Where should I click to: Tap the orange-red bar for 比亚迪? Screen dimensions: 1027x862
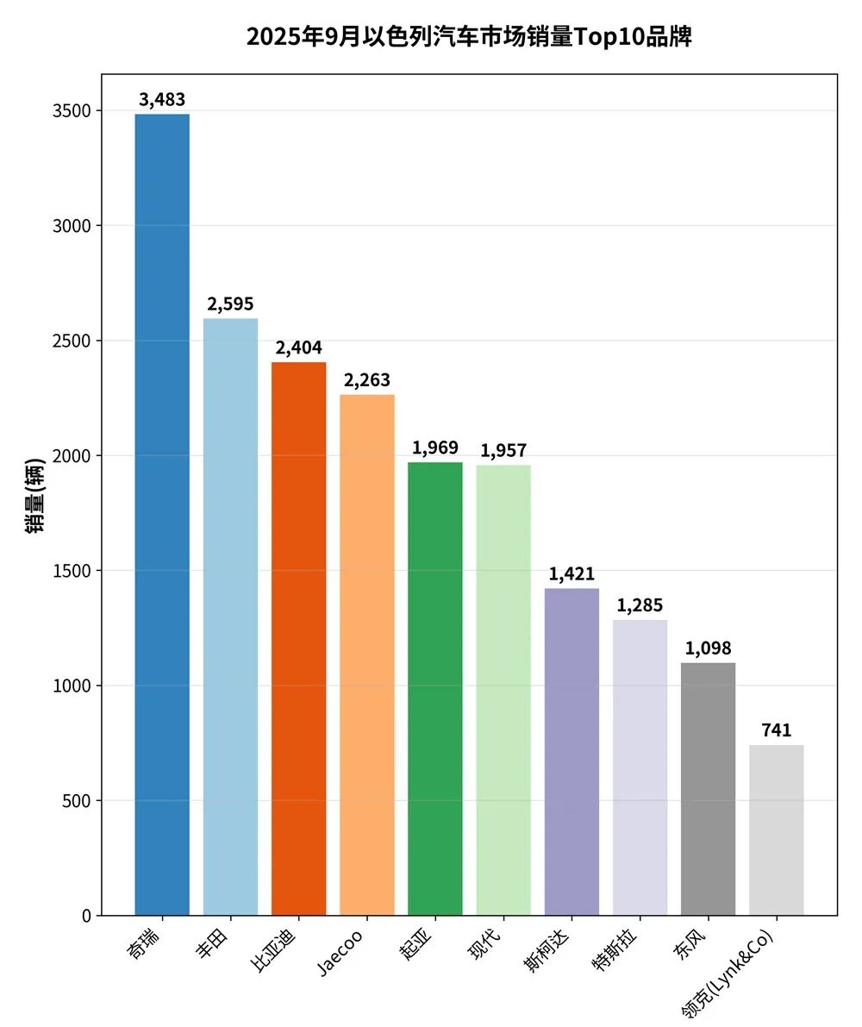pos(298,638)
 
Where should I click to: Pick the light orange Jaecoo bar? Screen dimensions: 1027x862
pos(367,654)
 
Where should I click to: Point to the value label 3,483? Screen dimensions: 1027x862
pos(162,100)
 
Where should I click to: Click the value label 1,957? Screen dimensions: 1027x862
pos(503,450)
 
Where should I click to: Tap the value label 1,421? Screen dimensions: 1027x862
pos(572,574)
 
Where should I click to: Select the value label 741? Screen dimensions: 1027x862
pos(777,730)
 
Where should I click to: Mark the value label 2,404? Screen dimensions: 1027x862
pos(298,348)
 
